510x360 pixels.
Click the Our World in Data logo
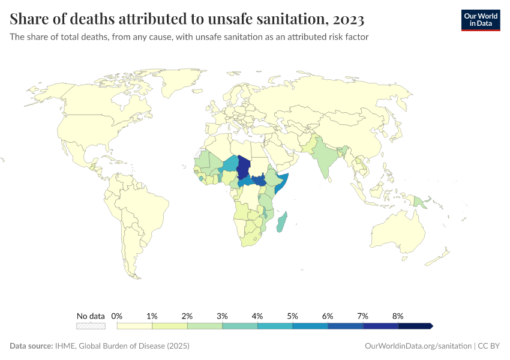(481, 20)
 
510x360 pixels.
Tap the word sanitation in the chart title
(289, 20)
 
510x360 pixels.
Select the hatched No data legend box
(91, 326)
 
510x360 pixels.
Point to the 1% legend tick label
(152, 316)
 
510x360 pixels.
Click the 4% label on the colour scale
(257, 316)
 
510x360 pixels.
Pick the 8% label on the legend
(398, 316)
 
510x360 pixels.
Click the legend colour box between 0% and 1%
(134, 326)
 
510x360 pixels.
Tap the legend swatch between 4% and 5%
(275, 326)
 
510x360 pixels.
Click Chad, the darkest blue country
(244, 166)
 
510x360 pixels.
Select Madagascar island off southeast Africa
(281, 223)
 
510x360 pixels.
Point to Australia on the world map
(399, 232)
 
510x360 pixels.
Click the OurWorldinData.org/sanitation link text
(418, 346)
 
